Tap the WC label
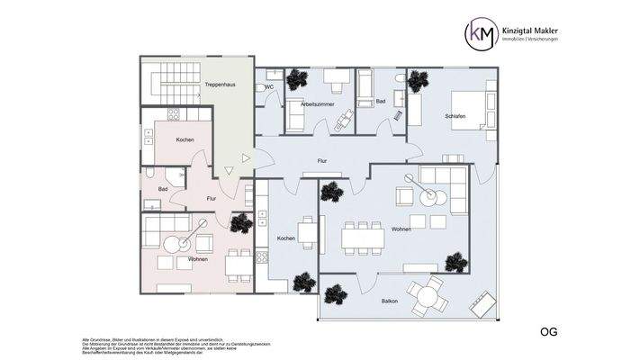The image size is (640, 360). pos(268,87)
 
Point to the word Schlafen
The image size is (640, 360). pos(455,117)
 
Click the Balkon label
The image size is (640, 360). pos(390,301)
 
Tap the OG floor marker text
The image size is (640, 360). pos(548,332)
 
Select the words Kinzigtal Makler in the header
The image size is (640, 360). pos(539,30)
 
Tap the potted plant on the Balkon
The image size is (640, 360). pos(336,292)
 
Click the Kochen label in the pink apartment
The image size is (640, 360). pos(185,139)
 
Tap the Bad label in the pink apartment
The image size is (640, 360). pos(163,189)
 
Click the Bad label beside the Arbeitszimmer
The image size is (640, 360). pos(381,103)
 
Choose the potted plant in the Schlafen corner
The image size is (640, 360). pos(416,82)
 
